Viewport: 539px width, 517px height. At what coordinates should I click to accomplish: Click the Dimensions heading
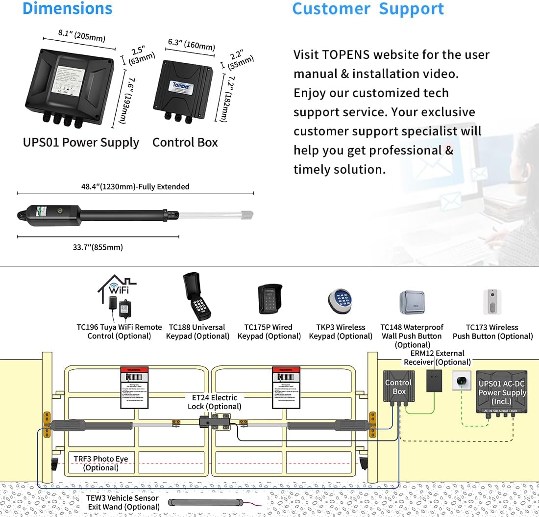[68, 8]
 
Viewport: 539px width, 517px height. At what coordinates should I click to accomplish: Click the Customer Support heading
[368, 9]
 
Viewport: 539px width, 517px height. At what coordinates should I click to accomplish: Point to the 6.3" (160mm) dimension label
[191, 45]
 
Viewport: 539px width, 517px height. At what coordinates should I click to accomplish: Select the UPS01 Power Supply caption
[81, 143]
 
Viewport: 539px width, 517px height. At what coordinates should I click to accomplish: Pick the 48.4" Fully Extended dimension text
[135, 187]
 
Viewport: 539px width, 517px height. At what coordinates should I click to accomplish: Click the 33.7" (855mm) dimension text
[98, 247]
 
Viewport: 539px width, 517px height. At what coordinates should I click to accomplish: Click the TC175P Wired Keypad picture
[269, 299]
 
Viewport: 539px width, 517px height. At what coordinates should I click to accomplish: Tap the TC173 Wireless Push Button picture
[492, 302]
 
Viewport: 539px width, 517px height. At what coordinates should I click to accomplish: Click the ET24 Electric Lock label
[214, 402]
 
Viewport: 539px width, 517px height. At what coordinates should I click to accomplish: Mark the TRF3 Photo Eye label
[101, 463]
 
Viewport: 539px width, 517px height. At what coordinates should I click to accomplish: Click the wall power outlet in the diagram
[461, 380]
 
